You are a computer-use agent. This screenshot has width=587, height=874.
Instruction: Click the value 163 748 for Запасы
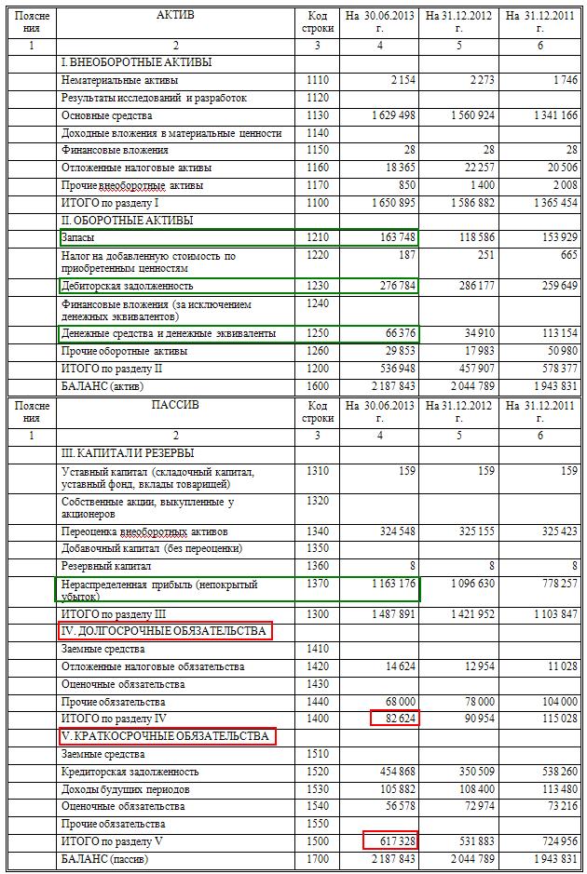click(396, 238)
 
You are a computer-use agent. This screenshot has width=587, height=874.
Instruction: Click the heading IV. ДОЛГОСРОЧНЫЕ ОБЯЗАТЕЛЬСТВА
click(162, 631)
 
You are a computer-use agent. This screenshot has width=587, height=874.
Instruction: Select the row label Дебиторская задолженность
click(127, 286)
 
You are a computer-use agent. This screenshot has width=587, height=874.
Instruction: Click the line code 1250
click(317, 333)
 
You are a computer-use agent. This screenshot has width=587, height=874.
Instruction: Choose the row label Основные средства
click(106, 115)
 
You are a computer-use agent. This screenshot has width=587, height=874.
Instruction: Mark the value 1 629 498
click(386, 115)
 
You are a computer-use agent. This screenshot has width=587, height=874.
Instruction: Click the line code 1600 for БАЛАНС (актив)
click(317, 385)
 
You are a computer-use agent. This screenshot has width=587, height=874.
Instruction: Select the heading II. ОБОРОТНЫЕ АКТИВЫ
click(127, 221)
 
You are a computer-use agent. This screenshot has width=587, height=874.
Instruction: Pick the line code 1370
click(317, 585)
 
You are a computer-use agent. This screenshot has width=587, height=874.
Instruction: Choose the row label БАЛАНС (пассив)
click(104, 859)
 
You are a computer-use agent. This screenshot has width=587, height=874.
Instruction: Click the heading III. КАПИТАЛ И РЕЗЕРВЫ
click(128, 453)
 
